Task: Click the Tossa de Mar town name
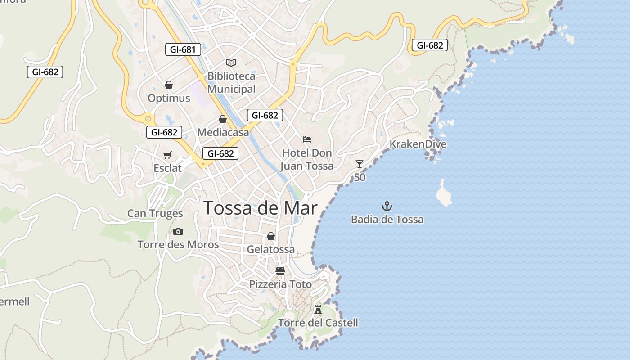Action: pyautogui.click(x=260, y=208)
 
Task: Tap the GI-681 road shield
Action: pyautogui.click(x=183, y=49)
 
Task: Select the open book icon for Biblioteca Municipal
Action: pyautogui.click(x=231, y=63)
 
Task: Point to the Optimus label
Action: pyautogui.click(x=169, y=98)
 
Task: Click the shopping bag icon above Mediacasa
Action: pyautogui.click(x=222, y=119)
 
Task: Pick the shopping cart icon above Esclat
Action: pyautogui.click(x=167, y=155)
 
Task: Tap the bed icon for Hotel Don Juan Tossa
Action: pyautogui.click(x=307, y=139)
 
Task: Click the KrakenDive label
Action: pyautogui.click(x=418, y=144)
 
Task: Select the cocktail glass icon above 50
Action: pyautogui.click(x=359, y=164)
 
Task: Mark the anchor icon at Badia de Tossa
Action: pyautogui.click(x=387, y=207)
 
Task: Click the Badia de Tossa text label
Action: pyautogui.click(x=387, y=220)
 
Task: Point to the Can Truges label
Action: pyautogui.click(x=155, y=213)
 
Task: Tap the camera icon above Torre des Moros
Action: pyautogui.click(x=178, y=232)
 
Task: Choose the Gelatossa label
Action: pyautogui.click(x=271, y=249)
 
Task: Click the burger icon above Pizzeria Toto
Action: pyautogui.click(x=280, y=271)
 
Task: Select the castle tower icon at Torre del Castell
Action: pyautogui.click(x=318, y=309)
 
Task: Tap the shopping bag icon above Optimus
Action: pyautogui.click(x=169, y=85)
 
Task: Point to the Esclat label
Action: pyautogui.click(x=167, y=168)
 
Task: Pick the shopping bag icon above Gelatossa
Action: pyautogui.click(x=271, y=236)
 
